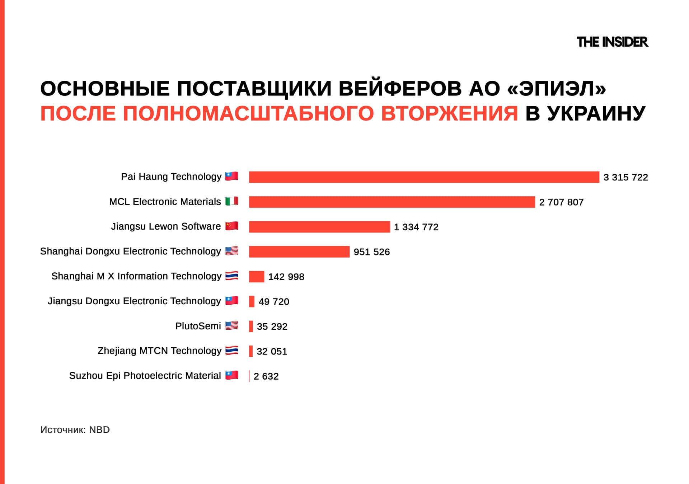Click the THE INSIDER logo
612,42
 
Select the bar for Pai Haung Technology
424,177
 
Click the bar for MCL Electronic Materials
392,202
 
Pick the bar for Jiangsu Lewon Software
319,227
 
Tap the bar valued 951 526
299,252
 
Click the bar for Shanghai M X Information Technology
257,277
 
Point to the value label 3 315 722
625,177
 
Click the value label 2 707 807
561,202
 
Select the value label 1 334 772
416,227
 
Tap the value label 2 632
266,376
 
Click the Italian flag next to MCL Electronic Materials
232,201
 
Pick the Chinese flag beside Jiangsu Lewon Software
232,226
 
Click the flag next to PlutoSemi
232,326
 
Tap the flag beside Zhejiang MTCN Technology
232,351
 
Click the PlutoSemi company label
198,326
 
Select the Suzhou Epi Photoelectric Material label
145,376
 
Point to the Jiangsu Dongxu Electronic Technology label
134,301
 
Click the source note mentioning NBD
75,430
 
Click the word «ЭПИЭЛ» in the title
557,89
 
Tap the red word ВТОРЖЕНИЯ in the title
449,114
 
